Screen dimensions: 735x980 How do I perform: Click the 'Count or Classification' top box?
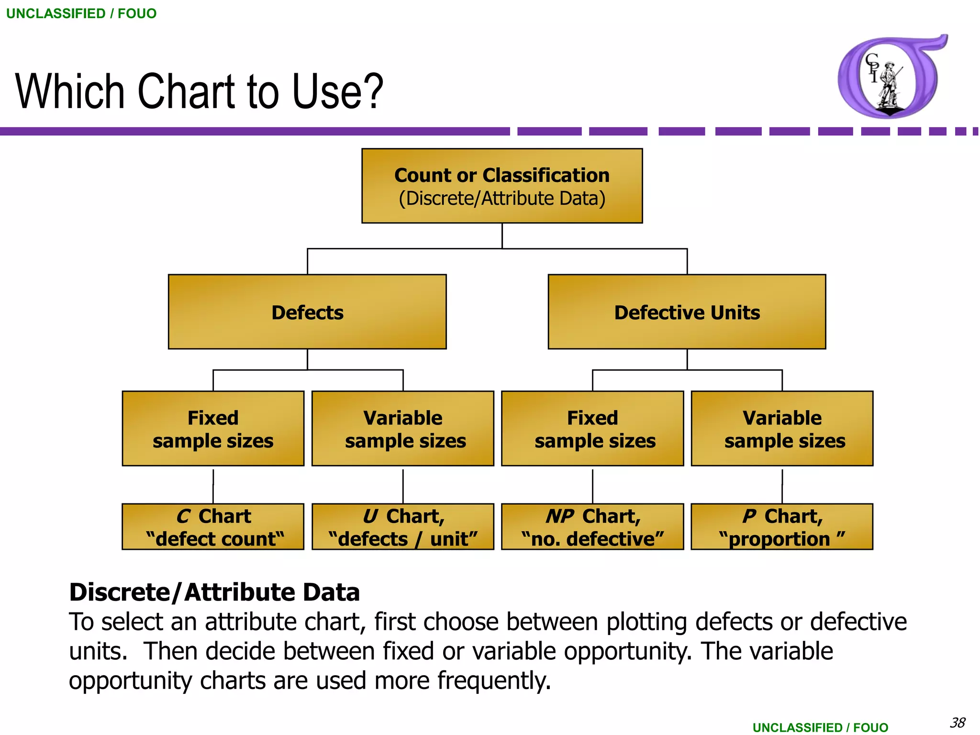pos(502,186)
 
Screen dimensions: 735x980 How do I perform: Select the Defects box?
pos(307,312)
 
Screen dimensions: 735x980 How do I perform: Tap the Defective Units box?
pos(687,312)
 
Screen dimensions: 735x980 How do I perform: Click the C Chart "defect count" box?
pos(213,527)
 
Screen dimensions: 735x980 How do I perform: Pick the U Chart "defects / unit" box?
pos(403,527)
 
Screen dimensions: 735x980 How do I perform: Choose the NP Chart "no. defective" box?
pos(592,527)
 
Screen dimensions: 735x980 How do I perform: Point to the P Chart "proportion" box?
pos(782,527)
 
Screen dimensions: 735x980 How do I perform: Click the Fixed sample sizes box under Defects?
pos(213,429)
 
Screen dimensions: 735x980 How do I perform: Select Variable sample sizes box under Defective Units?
pos(782,429)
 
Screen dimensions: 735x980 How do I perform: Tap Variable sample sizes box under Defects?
pos(403,429)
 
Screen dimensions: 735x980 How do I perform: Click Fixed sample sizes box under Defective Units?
pos(592,429)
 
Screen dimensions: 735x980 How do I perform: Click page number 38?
pos(958,723)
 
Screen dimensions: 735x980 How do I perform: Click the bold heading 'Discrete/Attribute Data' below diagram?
pos(214,592)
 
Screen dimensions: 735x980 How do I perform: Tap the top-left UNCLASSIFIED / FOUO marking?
pos(81,13)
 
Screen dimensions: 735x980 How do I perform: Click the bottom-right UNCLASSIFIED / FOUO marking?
pos(820,727)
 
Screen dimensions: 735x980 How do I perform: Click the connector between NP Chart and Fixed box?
pos(592,486)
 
